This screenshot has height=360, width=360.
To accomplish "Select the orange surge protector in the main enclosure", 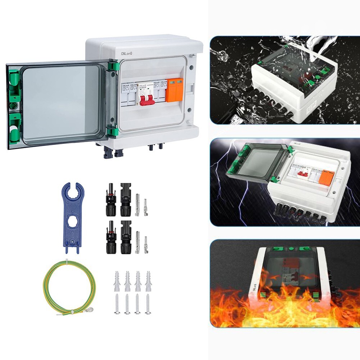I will click(x=174, y=91).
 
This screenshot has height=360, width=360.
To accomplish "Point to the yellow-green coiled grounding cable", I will click(x=68, y=288).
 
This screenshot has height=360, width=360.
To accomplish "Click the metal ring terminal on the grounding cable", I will click(x=90, y=309).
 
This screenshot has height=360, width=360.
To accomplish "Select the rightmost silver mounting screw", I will click(x=147, y=304).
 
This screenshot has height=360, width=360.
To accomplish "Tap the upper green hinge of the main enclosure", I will click(x=114, y=67).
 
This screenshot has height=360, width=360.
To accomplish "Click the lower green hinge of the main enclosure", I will click(x=114, y=132).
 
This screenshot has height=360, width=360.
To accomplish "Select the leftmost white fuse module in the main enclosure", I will click(x=126, y=93).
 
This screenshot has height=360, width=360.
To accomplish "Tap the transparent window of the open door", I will click(x=61, y=102).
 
